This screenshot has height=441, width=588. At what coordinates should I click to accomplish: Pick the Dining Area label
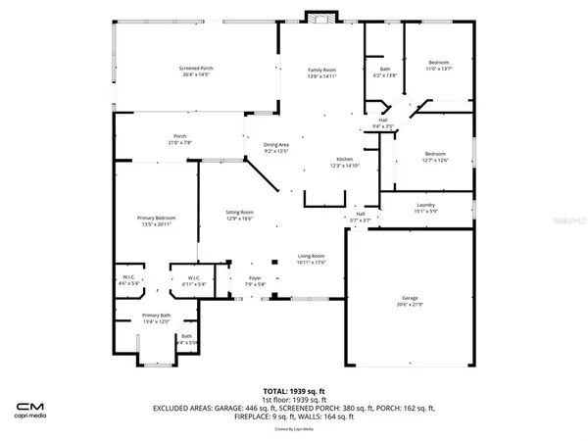277,148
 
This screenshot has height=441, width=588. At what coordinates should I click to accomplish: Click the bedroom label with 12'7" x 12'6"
435,156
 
